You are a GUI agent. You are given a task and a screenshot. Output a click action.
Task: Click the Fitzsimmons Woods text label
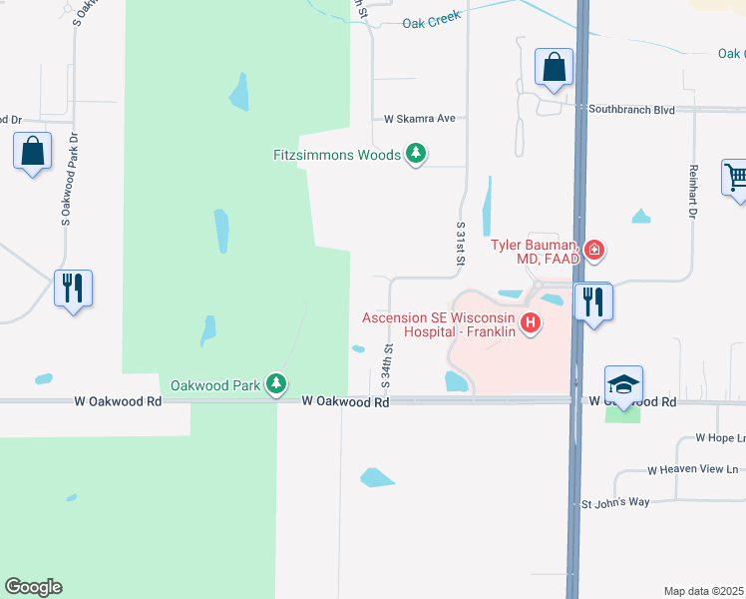[337, 155]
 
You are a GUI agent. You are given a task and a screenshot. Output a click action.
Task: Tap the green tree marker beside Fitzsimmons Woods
[416, 154]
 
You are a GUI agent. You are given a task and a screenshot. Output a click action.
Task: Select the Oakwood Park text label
[215, 384]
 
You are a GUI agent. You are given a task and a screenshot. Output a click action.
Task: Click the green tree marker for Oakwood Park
[276, 383]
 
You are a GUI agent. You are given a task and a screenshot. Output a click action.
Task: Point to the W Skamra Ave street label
[419, 118]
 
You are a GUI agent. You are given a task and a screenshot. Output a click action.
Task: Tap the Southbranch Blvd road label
[631, 109]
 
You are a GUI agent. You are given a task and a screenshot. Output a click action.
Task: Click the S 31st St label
[461, 244]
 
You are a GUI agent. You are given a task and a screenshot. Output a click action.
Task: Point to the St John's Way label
[615, 502]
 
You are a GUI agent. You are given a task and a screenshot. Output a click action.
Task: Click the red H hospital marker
[531, 323]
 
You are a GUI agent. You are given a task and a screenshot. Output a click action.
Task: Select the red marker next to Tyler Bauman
[594, 250]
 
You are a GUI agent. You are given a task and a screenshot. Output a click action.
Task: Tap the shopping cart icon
[736, 178]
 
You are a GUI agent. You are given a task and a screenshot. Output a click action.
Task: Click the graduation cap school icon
[623, 383]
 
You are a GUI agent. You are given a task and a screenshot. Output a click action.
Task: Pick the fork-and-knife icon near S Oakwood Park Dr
[73, 288]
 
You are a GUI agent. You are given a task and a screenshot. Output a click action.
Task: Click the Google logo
[33, 587]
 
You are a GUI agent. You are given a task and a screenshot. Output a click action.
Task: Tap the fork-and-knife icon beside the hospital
[593, 300]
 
